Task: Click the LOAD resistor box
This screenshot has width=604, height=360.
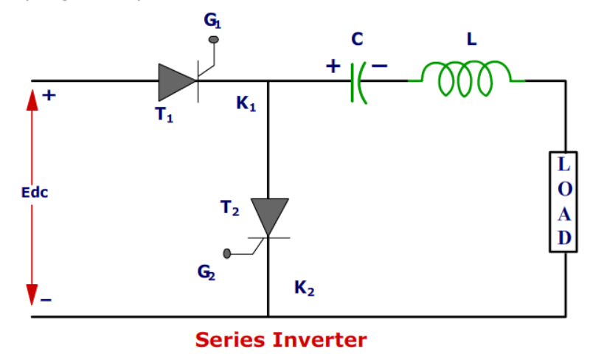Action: click(564, 201)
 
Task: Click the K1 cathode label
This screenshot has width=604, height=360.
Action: click(246, 105)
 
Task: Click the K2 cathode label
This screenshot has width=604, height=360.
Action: click(305, 289)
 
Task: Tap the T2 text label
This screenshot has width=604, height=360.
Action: click(229, 210)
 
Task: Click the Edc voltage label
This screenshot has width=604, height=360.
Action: click(35, 193)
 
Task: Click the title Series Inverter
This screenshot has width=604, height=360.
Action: click(280, 340)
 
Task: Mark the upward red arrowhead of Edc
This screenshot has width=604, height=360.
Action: click(32, 100)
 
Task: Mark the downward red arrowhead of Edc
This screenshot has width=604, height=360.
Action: click(32, 294)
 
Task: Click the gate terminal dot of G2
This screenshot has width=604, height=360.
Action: click(227, 254)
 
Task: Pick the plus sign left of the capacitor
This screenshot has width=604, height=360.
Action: click(333, 66)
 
